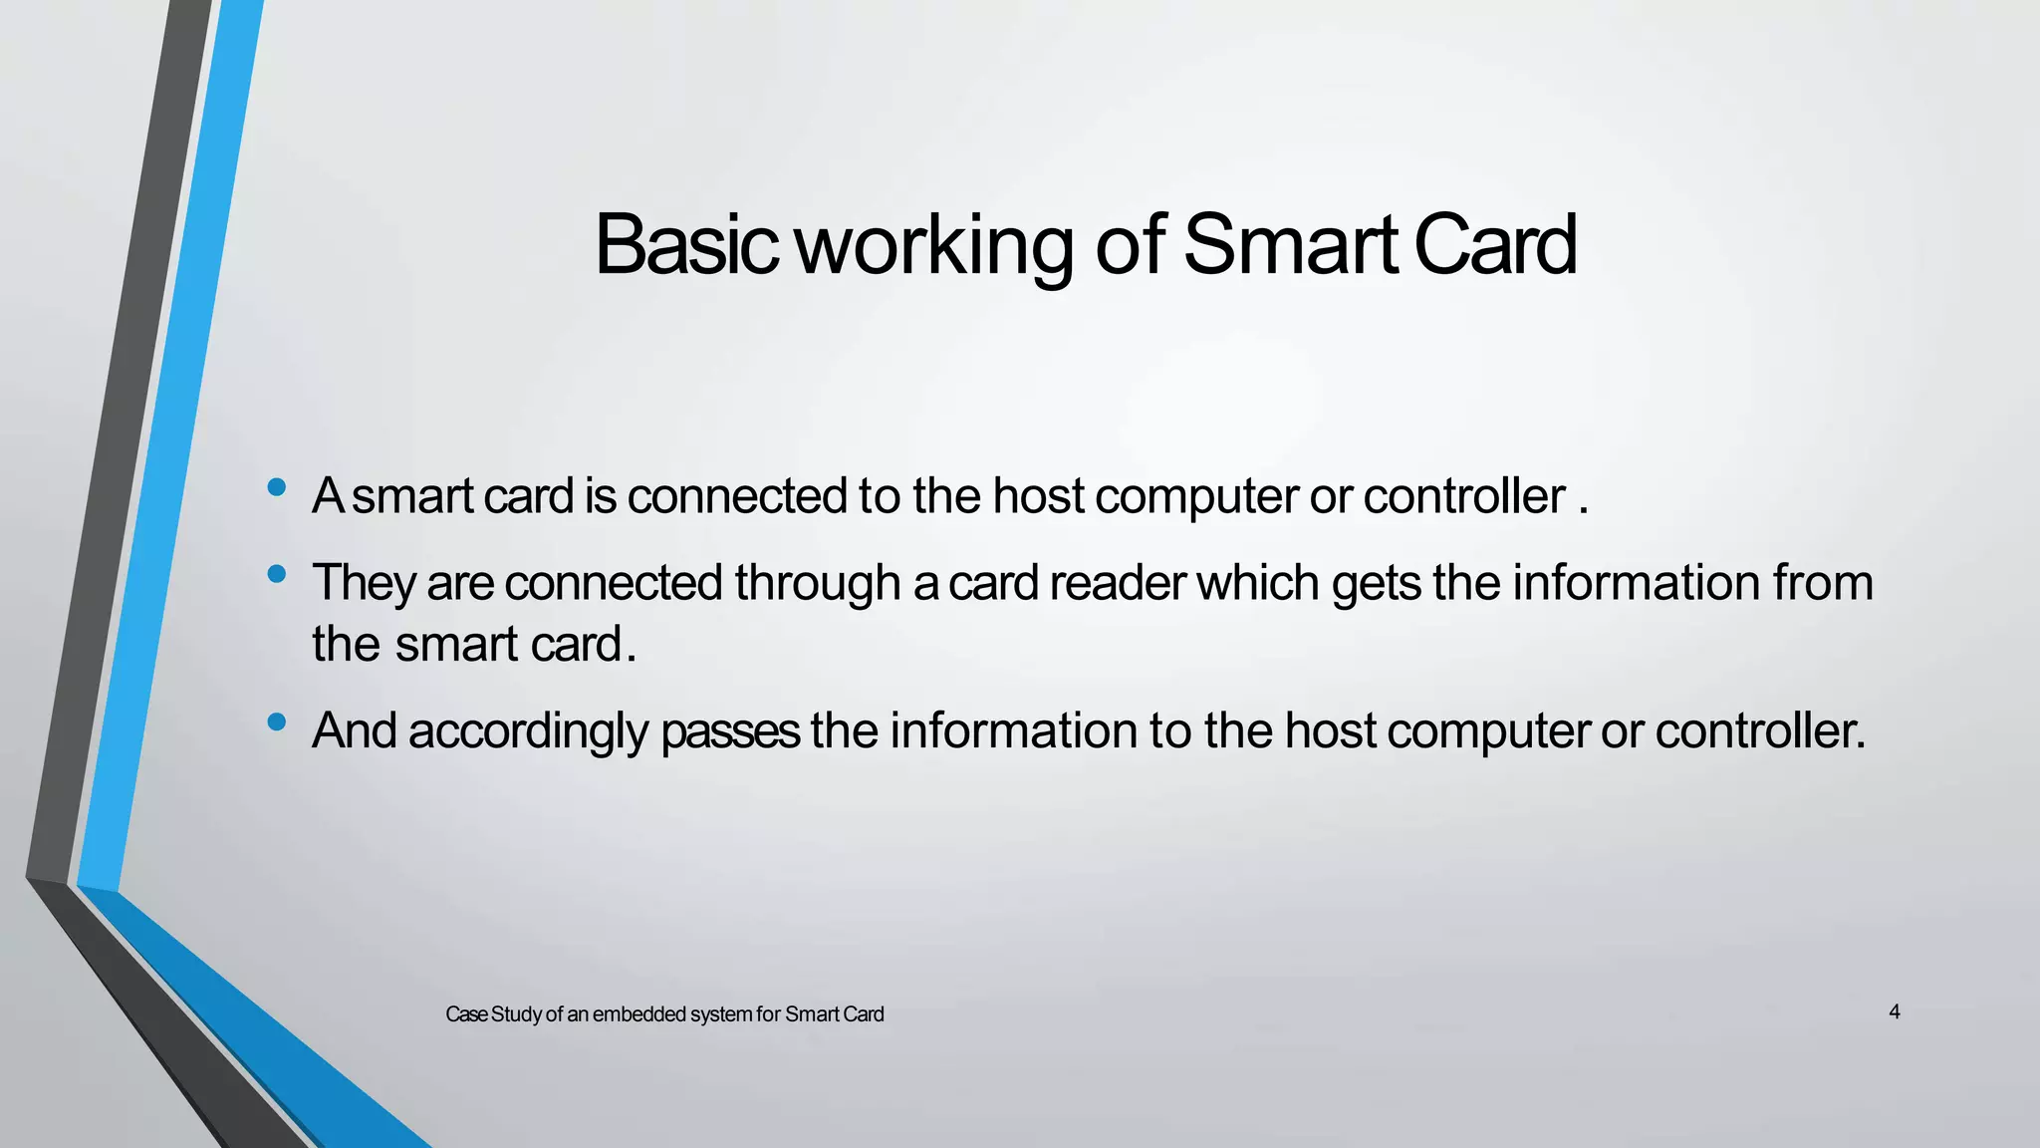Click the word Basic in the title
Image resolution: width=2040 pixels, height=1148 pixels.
point(685,245)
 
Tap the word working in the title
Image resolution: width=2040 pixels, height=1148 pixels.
point(934,245)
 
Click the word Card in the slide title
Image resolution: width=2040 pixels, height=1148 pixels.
point(1495,245)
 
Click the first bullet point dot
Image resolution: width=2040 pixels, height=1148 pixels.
point(277,487)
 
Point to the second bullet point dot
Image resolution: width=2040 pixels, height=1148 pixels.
point(277,574)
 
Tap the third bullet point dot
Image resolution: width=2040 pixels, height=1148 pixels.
point(277,721)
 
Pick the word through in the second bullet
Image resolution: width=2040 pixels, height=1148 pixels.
point(818,583)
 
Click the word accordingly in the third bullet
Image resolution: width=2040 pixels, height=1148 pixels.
point(528,731)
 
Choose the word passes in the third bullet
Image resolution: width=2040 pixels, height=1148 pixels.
point(729,731)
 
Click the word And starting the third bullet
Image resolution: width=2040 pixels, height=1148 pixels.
point(355,731)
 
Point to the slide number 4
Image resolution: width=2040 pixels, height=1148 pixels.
point(1894,1012)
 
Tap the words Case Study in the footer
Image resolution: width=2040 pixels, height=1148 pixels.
point(493,1014)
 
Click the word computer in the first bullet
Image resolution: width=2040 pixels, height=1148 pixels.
point(1196,495)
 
